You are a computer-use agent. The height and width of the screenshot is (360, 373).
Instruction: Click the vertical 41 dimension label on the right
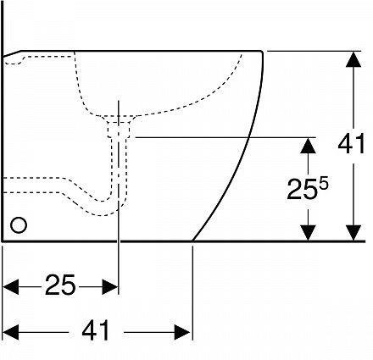[x=351, y=144]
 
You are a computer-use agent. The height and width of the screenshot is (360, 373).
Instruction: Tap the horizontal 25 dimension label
[x=61, y=286]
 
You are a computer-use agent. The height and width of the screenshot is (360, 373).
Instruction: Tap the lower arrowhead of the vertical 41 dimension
[x=351, y=233]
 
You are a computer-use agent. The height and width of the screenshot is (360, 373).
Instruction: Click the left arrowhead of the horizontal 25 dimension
[x=11, y=286]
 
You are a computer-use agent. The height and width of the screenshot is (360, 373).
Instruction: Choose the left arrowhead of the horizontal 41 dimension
[x=11, y=330]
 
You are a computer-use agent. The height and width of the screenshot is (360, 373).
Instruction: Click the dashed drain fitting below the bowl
[x=118, y=130]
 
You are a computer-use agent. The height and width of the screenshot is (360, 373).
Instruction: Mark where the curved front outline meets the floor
[x=194, y=241]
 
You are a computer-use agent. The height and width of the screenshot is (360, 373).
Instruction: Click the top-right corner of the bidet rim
[x=261, y=51]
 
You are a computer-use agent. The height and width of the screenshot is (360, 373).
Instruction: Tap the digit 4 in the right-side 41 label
[x=344, y=144]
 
